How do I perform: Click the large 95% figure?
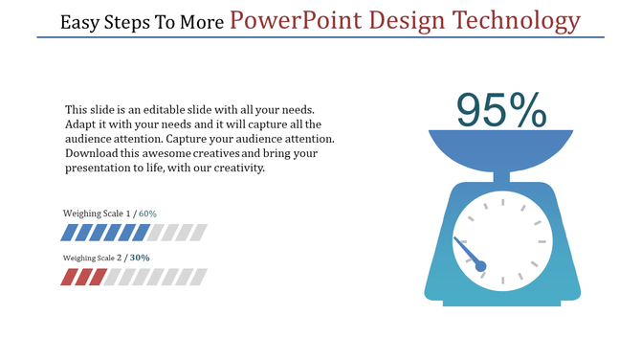click(x=500, y=111)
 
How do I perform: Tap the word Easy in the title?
click(x=80, y=21)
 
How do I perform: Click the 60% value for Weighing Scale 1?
click(x=147, y=213)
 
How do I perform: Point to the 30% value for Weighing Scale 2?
click(x=140, y=258)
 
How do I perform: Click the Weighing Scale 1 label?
click(x=98, y=213)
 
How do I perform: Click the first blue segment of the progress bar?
click(x=69, y=233)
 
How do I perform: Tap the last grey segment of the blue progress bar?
click(x=198, y=233)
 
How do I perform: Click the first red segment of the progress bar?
click(x=69, y=277)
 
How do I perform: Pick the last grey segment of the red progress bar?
click(x=198, y=277)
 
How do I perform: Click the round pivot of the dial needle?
click(x=481, y=266)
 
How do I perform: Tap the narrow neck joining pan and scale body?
click(x=501, y=175)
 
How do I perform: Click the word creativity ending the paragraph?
click(x=238, y=168)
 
